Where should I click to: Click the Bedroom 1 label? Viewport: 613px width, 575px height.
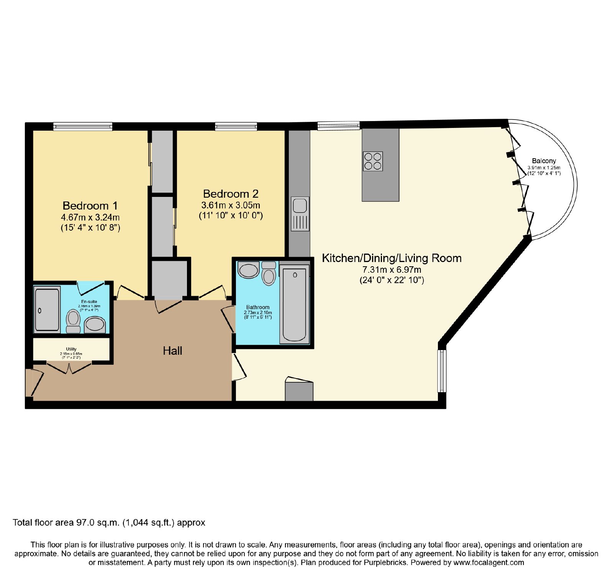tap(90, 206)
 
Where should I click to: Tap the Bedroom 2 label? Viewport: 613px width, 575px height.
tap(231, 194)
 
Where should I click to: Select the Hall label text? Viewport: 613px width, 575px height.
tap(172, 351)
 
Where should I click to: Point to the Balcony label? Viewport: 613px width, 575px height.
tap(544, 161)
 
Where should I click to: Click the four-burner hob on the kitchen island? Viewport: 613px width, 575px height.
tap(373, 161)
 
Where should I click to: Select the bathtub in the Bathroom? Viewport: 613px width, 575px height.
tap(294, 305)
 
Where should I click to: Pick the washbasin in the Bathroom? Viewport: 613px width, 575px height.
tap(248, 270)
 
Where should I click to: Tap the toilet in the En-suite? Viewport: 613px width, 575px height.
tap(73, 321)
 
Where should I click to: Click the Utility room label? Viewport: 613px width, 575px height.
tap(71, 349)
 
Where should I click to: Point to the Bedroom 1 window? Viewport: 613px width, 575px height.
tap(83, 126)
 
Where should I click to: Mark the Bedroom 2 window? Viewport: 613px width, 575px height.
tap(236, 126)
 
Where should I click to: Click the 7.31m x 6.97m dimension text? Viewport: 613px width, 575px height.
tap(392, 270)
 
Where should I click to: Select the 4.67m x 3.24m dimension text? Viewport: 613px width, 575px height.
tap(90, 217)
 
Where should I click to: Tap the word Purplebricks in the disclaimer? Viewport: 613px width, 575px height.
tap(384, 563)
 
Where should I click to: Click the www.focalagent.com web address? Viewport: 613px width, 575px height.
tap(488, 563)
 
